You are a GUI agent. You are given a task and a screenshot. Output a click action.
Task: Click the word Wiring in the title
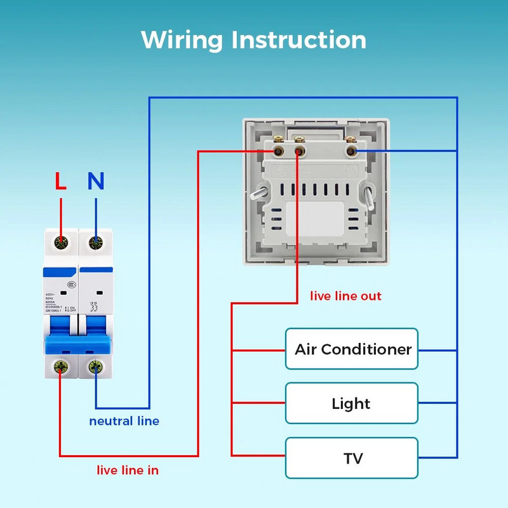coord(182,39)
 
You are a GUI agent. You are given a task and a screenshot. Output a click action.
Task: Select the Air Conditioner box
coord(352,349)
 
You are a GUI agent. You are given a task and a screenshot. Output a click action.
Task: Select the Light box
coord(352,403)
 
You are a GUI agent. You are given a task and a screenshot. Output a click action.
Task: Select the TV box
coord(352,458)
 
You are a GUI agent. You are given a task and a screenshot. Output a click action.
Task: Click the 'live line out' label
coord(345,296)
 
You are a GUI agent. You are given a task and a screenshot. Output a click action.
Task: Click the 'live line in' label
coord(128,471)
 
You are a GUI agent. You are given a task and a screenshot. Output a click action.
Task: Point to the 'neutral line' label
coord(124,421)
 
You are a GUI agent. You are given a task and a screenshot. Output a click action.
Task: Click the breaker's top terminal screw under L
coord(61,241)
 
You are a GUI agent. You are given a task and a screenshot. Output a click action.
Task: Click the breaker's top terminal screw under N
coord(96,241)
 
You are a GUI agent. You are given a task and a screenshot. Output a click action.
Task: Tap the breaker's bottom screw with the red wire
coord(61,366)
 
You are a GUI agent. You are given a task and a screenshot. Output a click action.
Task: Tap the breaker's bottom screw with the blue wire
coord(96,366)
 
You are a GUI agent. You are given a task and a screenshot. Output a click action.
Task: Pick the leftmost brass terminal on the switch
coord(278,151)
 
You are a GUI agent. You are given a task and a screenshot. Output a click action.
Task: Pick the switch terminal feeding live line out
coord(299,151)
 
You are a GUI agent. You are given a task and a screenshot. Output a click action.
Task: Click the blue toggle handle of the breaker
coord(78,343)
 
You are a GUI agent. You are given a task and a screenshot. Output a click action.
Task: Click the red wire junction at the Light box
coord(232,403)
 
